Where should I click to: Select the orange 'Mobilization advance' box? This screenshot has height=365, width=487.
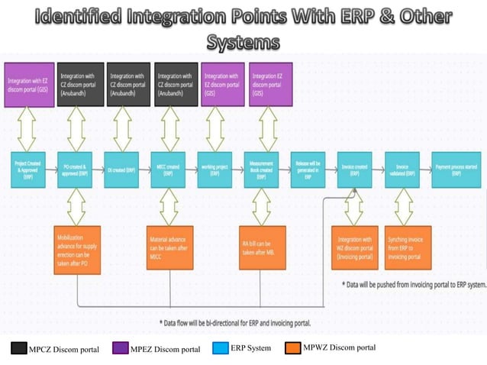tap(77, 247)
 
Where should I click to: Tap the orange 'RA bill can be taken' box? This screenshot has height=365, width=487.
tap(262, 247)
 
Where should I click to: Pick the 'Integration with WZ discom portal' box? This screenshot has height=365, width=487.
tap(355, 247)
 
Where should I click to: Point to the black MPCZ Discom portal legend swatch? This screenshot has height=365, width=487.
tap(18, 349)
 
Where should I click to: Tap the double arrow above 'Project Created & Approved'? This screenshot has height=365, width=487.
tap(28, 128)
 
